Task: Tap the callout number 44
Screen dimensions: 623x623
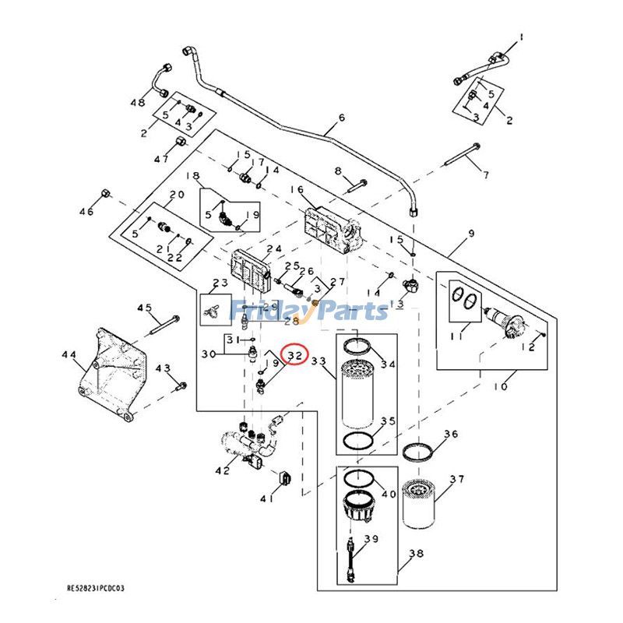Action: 69,355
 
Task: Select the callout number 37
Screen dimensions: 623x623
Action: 456,480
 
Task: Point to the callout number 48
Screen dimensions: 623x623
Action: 138,103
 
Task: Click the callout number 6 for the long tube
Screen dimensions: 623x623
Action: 340,119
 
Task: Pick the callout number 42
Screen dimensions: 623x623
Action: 223,470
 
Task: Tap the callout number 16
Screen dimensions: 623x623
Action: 297,189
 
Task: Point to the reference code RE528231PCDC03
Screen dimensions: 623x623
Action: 95,590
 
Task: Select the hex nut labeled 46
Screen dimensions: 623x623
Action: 106,193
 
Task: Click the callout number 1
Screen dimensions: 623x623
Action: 523,36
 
